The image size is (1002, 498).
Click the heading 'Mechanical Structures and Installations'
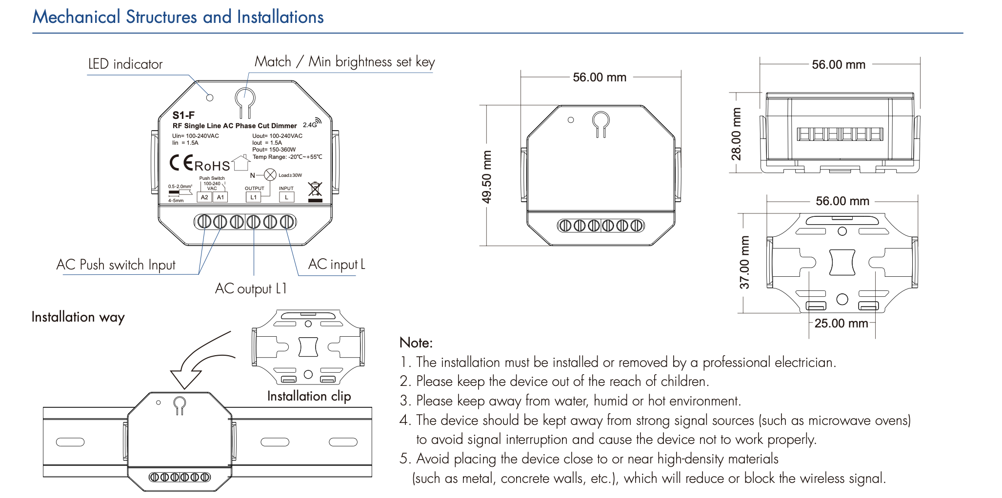pos(178,17)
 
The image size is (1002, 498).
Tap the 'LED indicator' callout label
pos(125,64)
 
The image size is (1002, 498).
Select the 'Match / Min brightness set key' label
pos(344,62)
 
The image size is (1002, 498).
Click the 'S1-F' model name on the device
pos(183,115)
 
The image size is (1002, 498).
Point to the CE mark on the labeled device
pos(181,163)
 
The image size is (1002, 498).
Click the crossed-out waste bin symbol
pos(315,190)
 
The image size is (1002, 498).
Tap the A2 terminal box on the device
pos(204,197)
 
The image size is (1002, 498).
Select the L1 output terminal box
pos(253,197)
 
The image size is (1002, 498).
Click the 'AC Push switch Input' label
pos(116,265)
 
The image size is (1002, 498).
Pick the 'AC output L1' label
pos(251,289)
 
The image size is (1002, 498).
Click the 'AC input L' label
pos(337,265)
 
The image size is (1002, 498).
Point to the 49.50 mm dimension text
pos(487,176)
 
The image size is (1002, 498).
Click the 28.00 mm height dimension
pos(736,134)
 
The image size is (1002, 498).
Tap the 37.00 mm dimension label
pos(744,262)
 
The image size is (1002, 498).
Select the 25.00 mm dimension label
pos(841,324)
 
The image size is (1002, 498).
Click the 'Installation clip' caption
pos(309,396)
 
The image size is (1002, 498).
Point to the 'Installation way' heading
pos(78,317)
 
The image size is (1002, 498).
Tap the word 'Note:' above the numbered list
pos(416,343)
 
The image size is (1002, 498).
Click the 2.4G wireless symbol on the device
pos(312,123)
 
